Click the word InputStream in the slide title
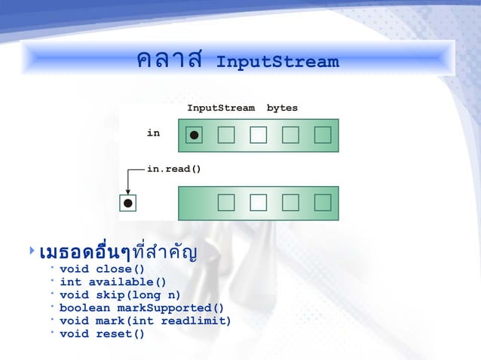(x=277, y=62)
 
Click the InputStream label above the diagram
(x=221, y=108)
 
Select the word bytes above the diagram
(x=282, y=108)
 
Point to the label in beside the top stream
(x=153, y=133)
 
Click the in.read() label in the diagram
(x=173, y=169)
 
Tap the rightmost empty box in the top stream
(x=323, y=135)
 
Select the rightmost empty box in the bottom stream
(x=323, y=203)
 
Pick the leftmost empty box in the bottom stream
(x=225, y=203)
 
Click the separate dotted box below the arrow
(x=128, y=203)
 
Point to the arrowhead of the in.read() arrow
(x=128, y=191)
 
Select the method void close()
(x=102, y=269)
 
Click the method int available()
(x=113, y=282)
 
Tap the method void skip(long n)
(x=120, y=295)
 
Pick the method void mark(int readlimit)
(x=145, y=321)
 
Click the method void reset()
(x=102, y=334)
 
